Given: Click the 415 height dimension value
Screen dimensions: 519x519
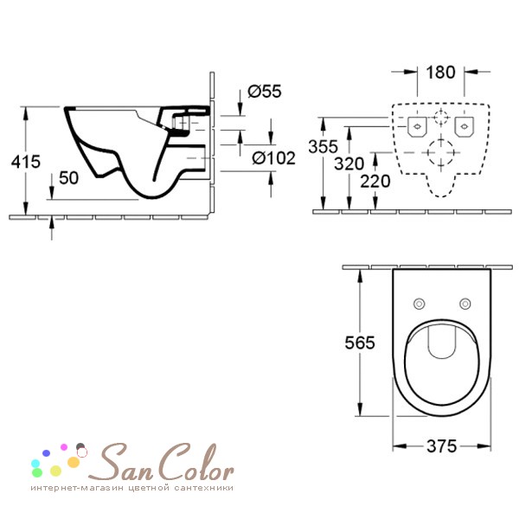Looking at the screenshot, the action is pos(26,162).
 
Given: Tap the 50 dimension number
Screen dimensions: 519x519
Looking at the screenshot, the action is pos(69,178).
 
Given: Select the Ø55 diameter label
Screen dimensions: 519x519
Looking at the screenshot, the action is pos(265,92).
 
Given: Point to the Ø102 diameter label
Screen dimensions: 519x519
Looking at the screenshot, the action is pos(273,158).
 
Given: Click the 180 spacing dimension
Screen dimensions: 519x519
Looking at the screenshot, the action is pos(440,73).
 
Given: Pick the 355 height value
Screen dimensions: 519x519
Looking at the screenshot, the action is pos(323,147).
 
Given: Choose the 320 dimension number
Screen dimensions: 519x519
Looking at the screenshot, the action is pos(349,163).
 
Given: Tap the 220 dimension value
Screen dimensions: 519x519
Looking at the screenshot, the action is pos(375,182).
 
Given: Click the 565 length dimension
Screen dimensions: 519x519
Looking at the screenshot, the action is pos(360,343).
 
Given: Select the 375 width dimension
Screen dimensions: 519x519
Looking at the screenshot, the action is pos(442,446).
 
